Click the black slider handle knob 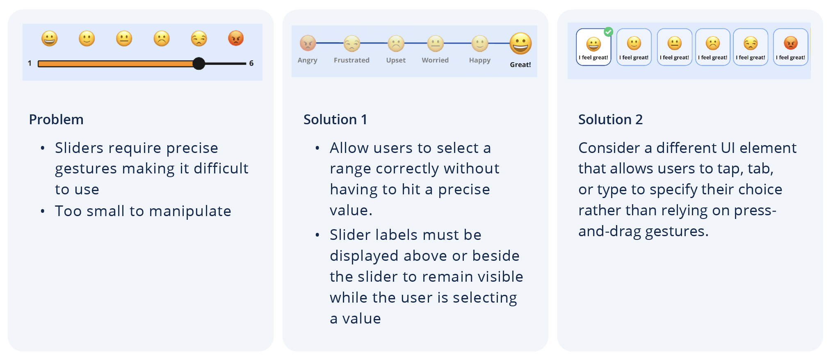(199, 64)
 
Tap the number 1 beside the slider (30, 63)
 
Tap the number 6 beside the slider (251, 63)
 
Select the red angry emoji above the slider (236, 39)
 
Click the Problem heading (56, 119)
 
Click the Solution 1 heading (335, 119)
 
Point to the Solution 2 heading (610, 119)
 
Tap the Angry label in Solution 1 (308, 60)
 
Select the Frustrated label (351, 60)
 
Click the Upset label (396, 60)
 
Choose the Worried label (435, 60)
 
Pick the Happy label (480, 60)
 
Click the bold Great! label (520, 64)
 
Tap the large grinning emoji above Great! (520, 43)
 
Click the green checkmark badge (609, 32)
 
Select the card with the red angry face (791, 47)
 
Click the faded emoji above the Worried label (436, 43)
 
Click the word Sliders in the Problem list (79, 148)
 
